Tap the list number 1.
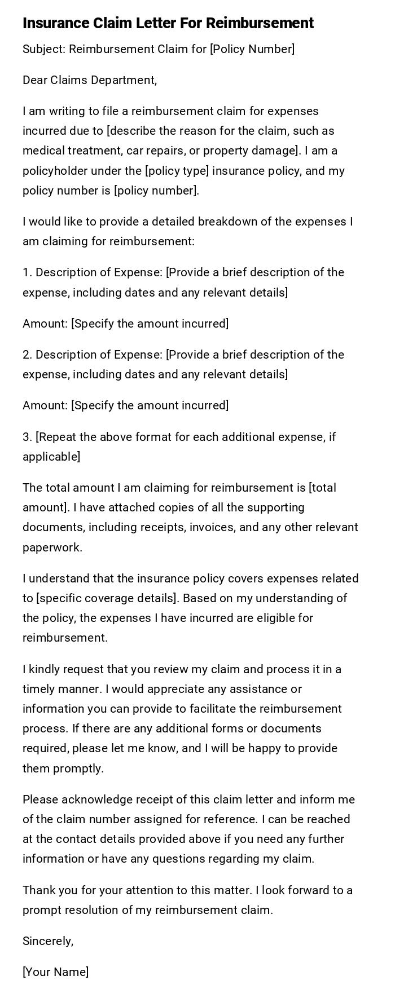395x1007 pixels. pyautogui.click(x=27, y=272)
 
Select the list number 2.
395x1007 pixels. pyautogui.click(x=27, y=355)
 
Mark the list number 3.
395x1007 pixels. pyautogui.click(x=27, y=437)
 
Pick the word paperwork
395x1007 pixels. pyautogui.click(x=52, y=547)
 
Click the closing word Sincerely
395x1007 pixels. pyautogui.click(x=47, y=941)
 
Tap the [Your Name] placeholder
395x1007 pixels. pyautogui.click(x=55, y=972)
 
